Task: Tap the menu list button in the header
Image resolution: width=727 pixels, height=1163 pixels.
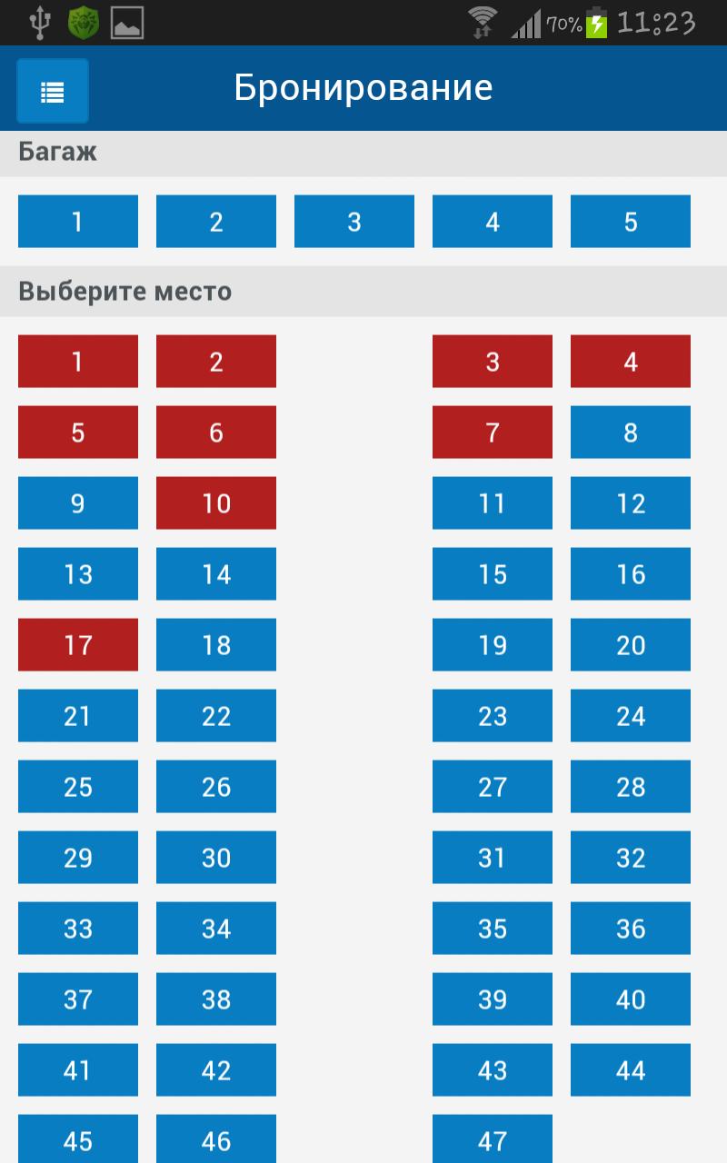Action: point(53,91)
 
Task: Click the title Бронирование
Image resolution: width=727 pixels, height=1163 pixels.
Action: point(363,88)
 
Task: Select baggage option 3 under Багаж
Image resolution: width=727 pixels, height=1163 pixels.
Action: point(354,222)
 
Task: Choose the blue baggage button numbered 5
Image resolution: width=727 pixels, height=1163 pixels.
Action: point(631,222)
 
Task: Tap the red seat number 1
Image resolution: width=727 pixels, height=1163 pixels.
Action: point(78,362)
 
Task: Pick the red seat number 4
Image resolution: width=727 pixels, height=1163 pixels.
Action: point(631,362)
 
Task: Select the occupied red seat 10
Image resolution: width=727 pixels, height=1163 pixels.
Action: point(216,503)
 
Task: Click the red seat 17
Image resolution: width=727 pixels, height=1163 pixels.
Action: point(78,645)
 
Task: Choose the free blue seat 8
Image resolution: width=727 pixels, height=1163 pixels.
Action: point(631,432)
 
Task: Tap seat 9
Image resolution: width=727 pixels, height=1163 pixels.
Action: point(78,503)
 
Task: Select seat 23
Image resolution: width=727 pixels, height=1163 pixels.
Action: point(493,716)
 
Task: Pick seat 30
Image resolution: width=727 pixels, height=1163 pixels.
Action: point(216,858)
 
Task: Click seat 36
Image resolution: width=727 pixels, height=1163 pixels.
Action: point(631,929)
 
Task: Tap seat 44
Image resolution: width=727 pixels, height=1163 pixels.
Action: point(631,1070)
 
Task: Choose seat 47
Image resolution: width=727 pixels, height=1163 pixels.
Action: point(493,1139)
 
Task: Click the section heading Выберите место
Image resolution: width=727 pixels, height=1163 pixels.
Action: point(125,292)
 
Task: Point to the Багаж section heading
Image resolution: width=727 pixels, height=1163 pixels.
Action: point(57,152)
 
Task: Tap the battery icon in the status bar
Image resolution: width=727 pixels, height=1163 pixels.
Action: point(596,23)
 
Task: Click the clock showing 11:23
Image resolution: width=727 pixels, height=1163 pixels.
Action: point(655,23)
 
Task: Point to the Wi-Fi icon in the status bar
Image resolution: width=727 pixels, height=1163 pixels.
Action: point(483,22)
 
